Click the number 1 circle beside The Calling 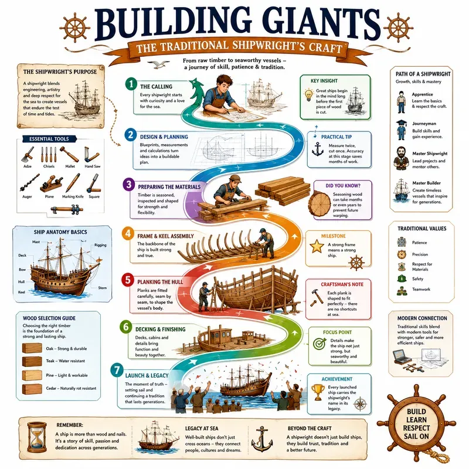click(131, 84)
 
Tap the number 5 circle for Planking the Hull click(128, 280)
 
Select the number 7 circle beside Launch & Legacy click(117, 371)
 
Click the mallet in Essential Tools click(69, 154)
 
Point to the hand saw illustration click(91, 154)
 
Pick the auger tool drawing click(29, 183)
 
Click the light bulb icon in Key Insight click(308, 95)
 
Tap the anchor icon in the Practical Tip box click(318, 149)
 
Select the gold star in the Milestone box click(317, 246)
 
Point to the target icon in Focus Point click(320, 344)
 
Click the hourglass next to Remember click(37, 438)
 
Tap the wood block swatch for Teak click(32, 361)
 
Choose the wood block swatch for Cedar click(32, 389)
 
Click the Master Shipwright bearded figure click(401, 158)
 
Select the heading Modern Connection click(422, 318)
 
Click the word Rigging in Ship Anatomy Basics click(100, 245)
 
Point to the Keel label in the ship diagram click(22, 292)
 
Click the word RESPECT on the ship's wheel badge click(416, 428)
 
